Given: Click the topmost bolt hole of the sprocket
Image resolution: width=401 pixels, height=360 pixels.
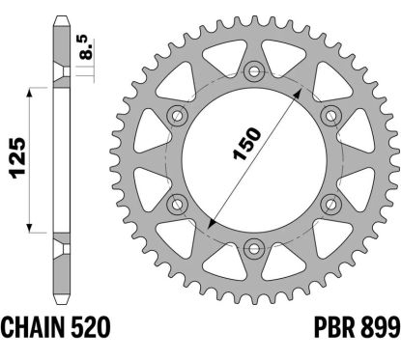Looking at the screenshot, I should tap(254, 70).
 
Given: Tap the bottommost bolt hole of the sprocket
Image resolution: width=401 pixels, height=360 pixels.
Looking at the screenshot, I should tap(254, 244).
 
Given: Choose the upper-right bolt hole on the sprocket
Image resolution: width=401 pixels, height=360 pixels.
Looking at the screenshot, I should tap(329, 114).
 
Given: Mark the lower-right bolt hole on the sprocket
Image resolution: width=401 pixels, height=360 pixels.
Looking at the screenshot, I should tap(329, 201).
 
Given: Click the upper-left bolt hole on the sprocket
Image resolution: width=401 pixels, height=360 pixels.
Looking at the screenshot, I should tap(179, 114).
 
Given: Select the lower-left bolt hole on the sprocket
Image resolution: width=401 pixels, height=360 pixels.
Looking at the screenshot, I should tap(179, 201).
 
